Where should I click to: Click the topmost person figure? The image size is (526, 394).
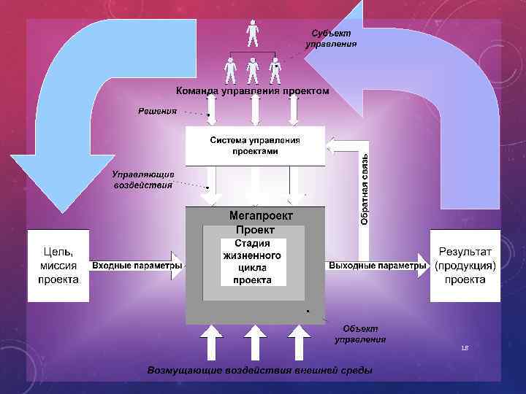(x=253, y=33)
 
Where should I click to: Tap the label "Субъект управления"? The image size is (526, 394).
(x=331, y=39)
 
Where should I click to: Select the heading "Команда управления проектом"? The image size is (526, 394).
(x=252, y=91)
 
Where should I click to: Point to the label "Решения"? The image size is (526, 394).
(x=158, y=111)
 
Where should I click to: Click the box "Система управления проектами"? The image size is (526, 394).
(x=255, y=145)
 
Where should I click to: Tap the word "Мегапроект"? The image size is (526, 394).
(x=261, y=216)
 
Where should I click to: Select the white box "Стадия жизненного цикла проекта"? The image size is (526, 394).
(x=252, y=261)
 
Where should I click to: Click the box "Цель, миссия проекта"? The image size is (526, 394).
(x=58, y=266)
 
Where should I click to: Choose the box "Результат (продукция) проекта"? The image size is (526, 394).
(x=465, y=266)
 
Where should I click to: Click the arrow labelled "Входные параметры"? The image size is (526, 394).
(x=137, y=266)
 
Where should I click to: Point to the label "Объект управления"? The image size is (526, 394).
(x=360, y=334)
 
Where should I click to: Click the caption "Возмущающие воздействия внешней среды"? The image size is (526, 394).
(x=259, y=371)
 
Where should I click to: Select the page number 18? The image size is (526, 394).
(x=464, y=349)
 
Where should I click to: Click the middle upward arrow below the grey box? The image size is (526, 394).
(x=254, y=342)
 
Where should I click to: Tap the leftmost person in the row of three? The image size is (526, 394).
(x=231, y=71)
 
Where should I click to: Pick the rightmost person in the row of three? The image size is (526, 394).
(x=275, y=71)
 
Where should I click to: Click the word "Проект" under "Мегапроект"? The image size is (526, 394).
(x=250, y=230)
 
